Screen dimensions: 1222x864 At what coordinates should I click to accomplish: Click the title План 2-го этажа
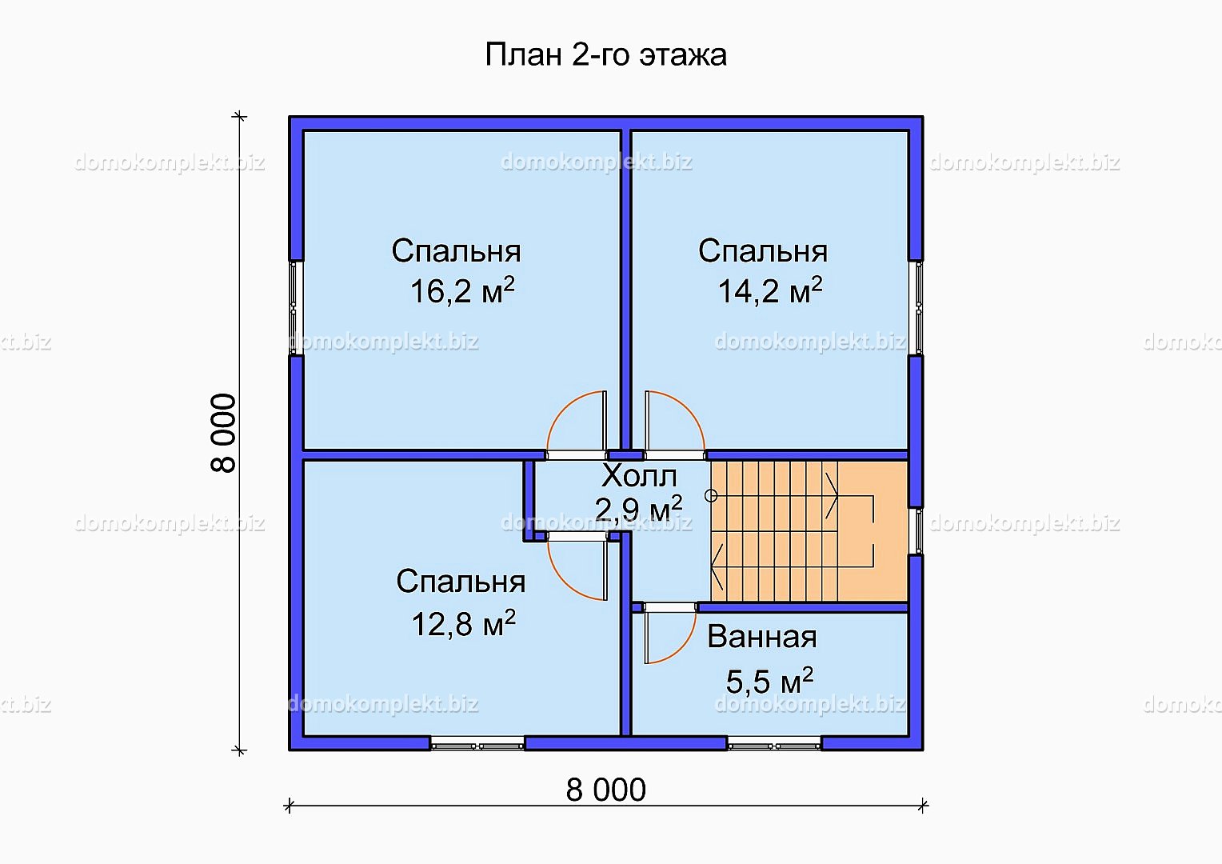pos(605,55)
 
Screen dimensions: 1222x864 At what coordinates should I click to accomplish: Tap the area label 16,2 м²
pos(462,290)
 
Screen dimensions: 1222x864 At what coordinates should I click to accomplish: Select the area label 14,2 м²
pos(770,290)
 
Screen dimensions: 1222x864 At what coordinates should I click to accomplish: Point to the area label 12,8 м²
pos(463,623)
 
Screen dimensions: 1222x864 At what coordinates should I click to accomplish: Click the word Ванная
pos(762,637)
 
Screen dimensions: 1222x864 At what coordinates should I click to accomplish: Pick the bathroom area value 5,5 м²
pos(770,681)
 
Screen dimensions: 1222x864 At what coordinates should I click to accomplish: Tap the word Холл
pos(639,477)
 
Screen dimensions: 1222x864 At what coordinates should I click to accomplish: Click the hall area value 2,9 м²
pos(638,510)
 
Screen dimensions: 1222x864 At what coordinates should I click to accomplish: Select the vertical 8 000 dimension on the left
pos(223,433)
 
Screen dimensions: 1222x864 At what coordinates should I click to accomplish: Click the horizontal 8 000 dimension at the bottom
pos(605,790)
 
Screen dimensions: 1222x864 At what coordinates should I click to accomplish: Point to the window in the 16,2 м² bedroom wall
pos(296,308)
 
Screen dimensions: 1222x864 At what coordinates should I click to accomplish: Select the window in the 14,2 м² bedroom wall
pos(916,308)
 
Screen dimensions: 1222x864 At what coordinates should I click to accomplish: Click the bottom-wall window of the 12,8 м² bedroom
pos(477,744)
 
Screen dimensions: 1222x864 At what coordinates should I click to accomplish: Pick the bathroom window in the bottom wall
pos(774,744)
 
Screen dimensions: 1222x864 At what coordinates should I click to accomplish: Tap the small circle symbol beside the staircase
pos(711,496)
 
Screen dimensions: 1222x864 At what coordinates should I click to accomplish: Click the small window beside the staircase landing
pos(916,531)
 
